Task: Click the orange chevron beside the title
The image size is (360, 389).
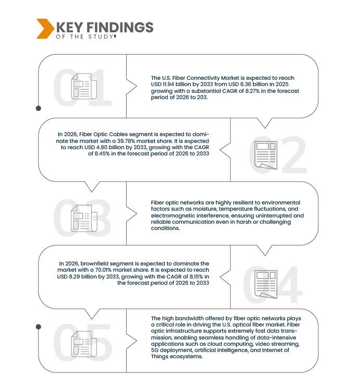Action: click(45, 29)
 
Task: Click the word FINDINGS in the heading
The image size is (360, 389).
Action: click(120, 27)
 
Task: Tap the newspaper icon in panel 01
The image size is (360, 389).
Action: click(84, 86)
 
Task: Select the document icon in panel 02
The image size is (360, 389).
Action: click(266, 155)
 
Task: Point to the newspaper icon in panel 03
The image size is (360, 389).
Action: click(84, 218)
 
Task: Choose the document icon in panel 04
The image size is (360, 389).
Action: click(266, 284)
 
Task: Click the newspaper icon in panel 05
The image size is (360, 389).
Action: click(84, 344)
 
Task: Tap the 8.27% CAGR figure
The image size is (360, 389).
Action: click(252, 91)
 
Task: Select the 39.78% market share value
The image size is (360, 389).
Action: click(126, 141)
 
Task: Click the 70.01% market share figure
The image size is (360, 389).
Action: click(103, 270)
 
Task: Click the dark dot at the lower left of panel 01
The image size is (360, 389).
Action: click(39, 108)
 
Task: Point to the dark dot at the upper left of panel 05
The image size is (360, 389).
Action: click(39, 327)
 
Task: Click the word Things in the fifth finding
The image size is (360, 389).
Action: click(159, 357)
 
